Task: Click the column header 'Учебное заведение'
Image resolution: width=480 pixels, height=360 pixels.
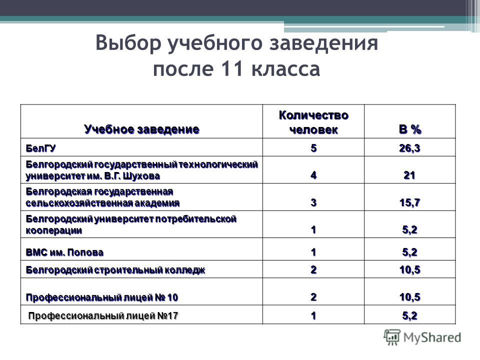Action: click(x=141, y=129)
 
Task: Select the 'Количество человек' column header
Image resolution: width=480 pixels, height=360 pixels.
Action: click(x=313, y=122)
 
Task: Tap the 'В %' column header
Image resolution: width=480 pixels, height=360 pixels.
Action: click(x=410, y=129)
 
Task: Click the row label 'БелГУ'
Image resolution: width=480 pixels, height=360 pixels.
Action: click(x=40, y=148)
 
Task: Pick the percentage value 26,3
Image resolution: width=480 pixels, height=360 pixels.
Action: click(x=409, y=148)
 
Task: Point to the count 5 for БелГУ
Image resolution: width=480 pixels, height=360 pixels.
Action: click(x=313, y=148)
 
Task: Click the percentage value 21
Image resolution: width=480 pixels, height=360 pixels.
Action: click(x=409, y=175)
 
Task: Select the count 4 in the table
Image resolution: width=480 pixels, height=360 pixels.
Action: click(x=313, y=175)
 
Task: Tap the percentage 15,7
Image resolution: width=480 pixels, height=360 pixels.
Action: click(x=409, y=202)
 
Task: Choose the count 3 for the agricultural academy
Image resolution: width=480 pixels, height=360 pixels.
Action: click(x=313, y=202)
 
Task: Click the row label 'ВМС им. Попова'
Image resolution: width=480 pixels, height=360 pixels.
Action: click(x=64, y=252)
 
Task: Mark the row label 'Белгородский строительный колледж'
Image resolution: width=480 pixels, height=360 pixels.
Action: click(x=115, y=270)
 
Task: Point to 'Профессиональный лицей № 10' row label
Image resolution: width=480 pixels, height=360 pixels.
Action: click(x=102, y=297)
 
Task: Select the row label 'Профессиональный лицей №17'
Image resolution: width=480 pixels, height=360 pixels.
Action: click(x=103, y=316)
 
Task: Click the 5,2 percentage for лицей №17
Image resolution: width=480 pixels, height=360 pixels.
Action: click(x=409, y=316)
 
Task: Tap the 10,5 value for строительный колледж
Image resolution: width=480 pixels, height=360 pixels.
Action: click(x=409, y=270)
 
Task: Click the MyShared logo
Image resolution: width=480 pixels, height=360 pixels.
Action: click(x=422, y=337)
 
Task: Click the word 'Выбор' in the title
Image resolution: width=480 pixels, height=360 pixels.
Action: click(x=128, y=43)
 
